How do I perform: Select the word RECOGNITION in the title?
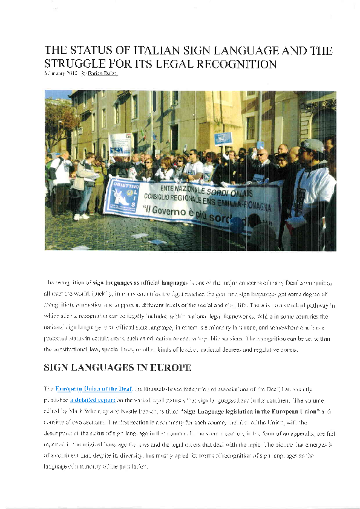click(x=235, y=63)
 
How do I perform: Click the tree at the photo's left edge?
click(x=60, y=121)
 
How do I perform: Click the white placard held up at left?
click(x=119, y=144)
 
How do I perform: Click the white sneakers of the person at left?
click(x=81, y=216)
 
